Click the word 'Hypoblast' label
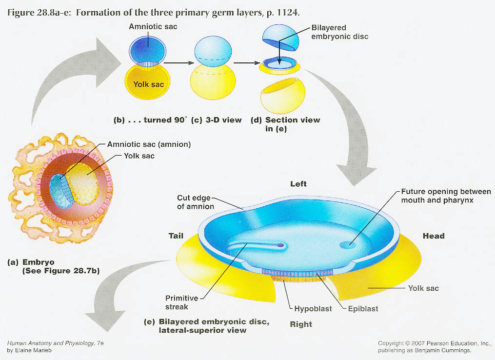(x=312, y=309)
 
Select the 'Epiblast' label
(x=363, y=309)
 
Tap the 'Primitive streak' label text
(x=182, y=303)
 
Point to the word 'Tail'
(x=176, y=236)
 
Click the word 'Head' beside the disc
(x=434, y=236)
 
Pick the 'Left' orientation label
(x=298, y=184)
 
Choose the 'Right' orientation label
(x=301, y=324)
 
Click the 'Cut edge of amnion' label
(x=195, y=202)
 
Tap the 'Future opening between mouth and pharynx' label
(x=445, y=195)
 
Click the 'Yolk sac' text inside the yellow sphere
(x=148, y=84)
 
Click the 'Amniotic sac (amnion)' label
(x=148, y=145)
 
